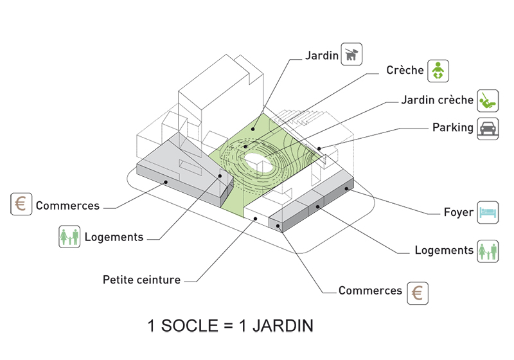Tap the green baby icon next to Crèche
click(x=437, y=70)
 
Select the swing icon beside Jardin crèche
click(x=487, y=100)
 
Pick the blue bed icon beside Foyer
click(x=488, y=212)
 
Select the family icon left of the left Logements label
click(x=69, y=237)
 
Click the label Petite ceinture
click(x=141, y=280)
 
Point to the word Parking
click(x=452, y=127)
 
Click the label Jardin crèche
click(x=437, y=100)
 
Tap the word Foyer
click(x=458, y=212)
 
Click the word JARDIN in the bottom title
click(x=283, y=326)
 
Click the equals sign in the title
click(x=231, y=327)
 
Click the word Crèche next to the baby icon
click(x=405, y=70)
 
